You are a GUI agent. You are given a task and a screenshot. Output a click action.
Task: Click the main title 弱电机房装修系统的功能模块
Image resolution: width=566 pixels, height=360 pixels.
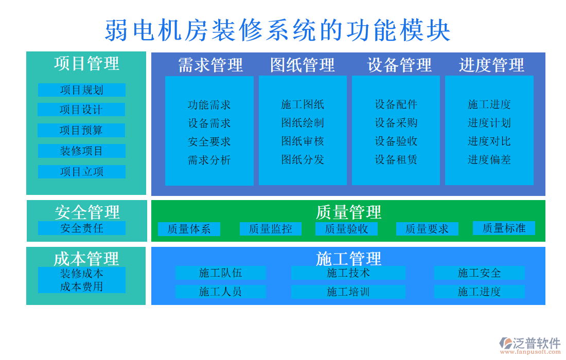tap(278, 30)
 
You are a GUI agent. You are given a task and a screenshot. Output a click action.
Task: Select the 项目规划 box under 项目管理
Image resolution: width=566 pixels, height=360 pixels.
tap(81, 90)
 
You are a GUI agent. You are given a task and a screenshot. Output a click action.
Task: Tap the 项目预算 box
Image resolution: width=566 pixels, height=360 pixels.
tap(81, 130)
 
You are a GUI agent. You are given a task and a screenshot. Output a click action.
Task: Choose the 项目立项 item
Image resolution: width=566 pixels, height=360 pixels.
tap(81, 172)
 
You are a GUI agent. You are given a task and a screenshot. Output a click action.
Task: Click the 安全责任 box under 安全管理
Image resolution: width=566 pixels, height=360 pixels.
tap(81, 228)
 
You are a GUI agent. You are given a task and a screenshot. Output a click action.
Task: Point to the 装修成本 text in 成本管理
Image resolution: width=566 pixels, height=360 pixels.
tap(81, 274)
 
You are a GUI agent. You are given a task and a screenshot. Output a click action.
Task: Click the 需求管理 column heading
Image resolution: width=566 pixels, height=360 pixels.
tap(210, 65)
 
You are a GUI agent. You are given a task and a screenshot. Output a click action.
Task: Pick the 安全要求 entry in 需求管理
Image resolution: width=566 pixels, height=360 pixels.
tap(209, 141)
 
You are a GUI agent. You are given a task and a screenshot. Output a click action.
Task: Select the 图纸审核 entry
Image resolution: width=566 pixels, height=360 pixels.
tap(303, 141)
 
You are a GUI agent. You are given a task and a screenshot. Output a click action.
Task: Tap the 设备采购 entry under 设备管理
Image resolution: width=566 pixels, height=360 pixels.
tap(396, 123)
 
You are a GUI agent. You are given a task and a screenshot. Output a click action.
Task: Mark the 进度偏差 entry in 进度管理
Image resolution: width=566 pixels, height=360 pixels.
tap(489, 159)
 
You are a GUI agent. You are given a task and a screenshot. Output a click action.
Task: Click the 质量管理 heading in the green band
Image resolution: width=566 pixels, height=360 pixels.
tap(348, 212)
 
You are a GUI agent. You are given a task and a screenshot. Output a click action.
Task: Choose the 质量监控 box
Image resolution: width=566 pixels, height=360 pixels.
tap(270, 229)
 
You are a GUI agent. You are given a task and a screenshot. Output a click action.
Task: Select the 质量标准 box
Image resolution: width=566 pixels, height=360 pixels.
tap(504, 228)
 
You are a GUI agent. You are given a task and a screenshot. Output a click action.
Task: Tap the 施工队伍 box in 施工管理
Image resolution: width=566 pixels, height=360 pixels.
tap(220, 273)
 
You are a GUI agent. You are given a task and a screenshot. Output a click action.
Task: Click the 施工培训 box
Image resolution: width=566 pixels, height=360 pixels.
tap(348, 292)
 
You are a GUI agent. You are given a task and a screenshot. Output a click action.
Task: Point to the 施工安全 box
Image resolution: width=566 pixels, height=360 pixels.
tap(479, 273)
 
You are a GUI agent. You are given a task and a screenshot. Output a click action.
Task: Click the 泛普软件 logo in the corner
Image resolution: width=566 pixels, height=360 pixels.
tap(530, 344)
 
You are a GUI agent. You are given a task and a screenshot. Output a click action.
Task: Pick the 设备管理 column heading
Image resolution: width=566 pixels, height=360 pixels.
tap(399, 65)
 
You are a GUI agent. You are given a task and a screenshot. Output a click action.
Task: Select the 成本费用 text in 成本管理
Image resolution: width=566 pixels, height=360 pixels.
tap(81, 286)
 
